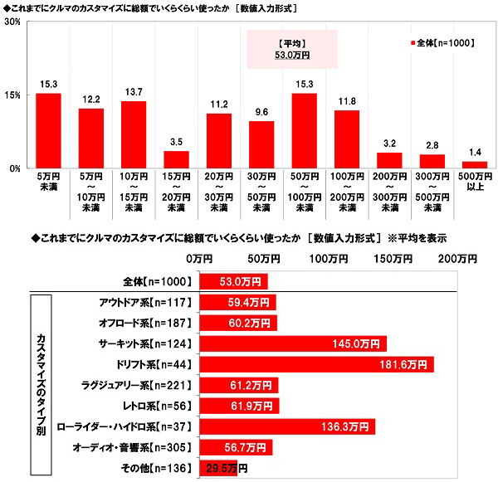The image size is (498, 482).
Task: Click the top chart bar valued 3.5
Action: coord(176,159)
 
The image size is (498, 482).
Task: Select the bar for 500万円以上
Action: coord(475,164)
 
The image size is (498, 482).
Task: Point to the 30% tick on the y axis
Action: coord(12,22)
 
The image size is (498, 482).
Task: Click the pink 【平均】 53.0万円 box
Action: coord(292,49)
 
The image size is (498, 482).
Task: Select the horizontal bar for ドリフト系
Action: coord(316,363)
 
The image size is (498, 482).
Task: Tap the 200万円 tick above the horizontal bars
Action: coord(456,260)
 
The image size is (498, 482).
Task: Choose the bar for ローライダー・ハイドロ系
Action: coord(287,426)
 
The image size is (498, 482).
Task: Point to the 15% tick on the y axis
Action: coord(12,95)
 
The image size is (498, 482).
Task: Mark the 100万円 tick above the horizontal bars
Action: coord(325,260)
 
